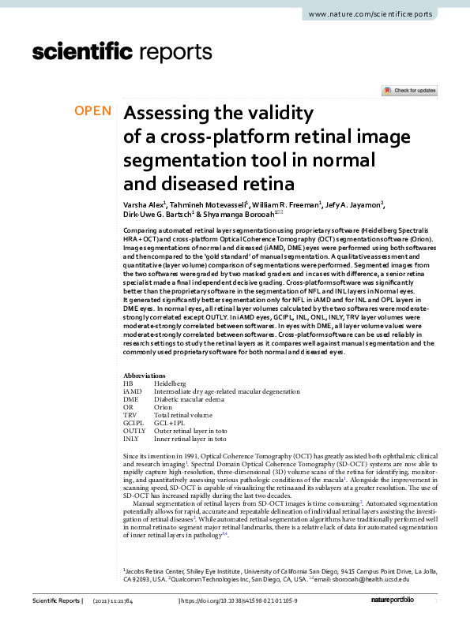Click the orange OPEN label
[93, 111]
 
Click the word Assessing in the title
[171, 113]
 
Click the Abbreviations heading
[145, 376]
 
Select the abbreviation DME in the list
[132, 399]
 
